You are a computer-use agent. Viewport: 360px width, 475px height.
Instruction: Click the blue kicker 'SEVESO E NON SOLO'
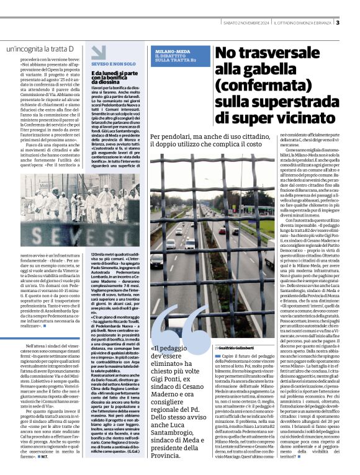tap(113, 63)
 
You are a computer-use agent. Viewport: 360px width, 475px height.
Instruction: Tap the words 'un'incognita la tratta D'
tap(40, 48)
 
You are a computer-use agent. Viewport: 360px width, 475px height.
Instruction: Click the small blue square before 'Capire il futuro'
tap(217, 358)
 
